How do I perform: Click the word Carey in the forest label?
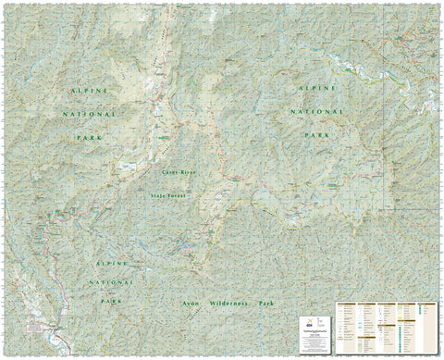pyautogui.click(x=168, y=173)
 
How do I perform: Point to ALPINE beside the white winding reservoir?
pyautogui.click(x=311, y=84)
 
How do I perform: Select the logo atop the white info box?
pyautogui.click(x=316, y=314)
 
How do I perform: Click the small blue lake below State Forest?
pyautogui.click(x=189, y=247)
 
